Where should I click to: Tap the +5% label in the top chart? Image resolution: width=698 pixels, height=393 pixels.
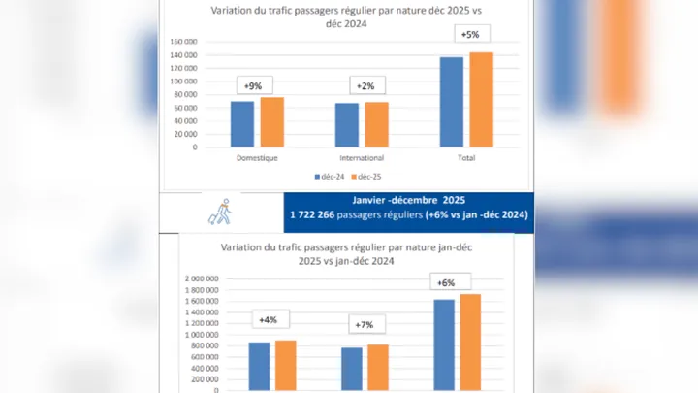(470, 36)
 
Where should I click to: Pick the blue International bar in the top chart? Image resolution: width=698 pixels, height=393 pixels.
(347, 125)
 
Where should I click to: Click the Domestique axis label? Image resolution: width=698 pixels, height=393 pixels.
(258, 157)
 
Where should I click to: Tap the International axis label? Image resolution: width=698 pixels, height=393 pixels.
(363, 157)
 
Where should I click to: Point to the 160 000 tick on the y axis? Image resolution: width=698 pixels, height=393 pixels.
(182, 42)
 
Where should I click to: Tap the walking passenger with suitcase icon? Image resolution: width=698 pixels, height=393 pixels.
(220, 210)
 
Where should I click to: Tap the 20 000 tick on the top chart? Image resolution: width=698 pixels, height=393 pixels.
(185, 134)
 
